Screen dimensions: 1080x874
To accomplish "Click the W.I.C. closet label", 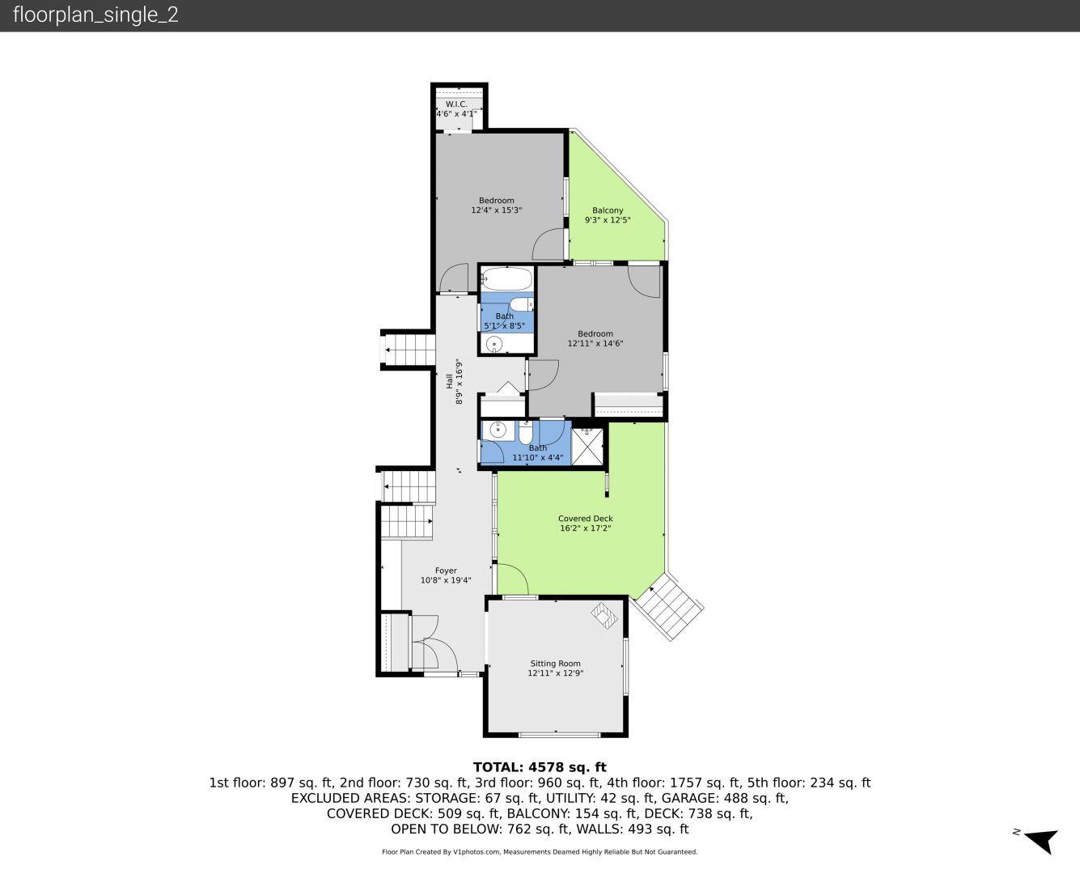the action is [456, 104].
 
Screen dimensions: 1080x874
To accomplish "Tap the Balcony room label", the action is [608, 210].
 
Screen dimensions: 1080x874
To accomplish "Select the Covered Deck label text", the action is [585, 519].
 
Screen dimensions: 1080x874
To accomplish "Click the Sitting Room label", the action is [555, 664].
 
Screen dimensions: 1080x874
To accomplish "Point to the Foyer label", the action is [446, 571].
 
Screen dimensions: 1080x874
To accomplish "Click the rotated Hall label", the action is [449, 381].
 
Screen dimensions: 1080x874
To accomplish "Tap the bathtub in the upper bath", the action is [506, 278].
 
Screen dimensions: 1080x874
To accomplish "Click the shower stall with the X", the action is [587, 447].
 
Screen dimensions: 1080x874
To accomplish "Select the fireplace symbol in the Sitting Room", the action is [604, 615].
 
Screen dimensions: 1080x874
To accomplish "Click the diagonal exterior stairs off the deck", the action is [669, 606].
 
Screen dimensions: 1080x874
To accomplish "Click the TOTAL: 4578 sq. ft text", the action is [540, 767].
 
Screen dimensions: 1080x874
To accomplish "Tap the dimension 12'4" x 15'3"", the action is [497, 210].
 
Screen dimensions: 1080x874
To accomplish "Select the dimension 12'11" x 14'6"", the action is [595, 343].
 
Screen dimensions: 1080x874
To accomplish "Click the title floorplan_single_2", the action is [95, 15].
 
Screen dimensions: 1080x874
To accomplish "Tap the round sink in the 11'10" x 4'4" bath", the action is [498, 431].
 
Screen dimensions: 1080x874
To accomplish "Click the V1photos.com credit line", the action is [540, 851].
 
